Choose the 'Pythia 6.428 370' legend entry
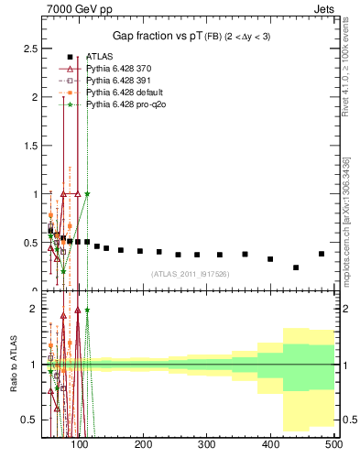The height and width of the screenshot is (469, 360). click(x=117, y=69)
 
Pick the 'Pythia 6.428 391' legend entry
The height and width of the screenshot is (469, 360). click(x=117, y=82)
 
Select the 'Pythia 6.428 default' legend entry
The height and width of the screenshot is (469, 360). click(x=123, y=93)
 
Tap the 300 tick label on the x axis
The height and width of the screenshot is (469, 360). click(x=207, y=444)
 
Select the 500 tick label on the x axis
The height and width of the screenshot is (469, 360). click(x=333, y=444)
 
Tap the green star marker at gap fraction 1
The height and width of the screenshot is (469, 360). click(x=87, y=193)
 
